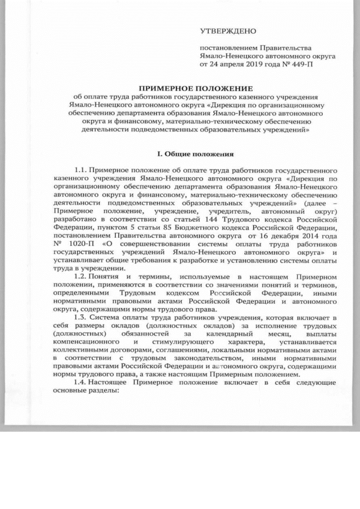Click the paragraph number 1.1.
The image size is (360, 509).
82,168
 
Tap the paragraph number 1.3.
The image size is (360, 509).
82,317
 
